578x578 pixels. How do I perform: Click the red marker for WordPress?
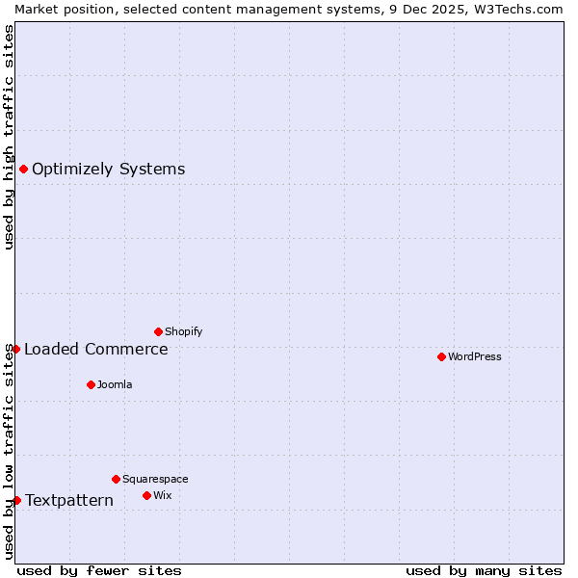[x=441, y=356]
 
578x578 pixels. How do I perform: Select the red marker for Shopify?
[x=158, y=331]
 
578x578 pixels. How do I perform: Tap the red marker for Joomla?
[x=91, y=384]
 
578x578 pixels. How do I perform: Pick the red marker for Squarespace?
[x=116, y=479]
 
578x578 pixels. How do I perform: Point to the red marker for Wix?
[x=146, y=495]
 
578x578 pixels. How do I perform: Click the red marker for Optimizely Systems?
[x=23, y=170]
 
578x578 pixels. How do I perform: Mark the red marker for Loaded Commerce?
[x=15, y=349]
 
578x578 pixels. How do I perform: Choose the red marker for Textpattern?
[x=16, y=500]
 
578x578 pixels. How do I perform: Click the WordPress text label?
[x=475, y=356]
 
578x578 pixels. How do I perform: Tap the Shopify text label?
[x=183, y=331]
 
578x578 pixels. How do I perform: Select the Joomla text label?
[x=115, y=384]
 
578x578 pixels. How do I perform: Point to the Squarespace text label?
[x=155, y=479]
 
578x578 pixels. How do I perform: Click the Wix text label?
[x=162, y=495]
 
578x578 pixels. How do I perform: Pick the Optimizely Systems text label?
[x=108, y=170]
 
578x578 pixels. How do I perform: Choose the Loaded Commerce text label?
[x=95, y=349]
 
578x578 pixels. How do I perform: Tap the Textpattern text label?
[x=68, y=500]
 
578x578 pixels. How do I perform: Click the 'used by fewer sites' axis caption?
[x=99, y=570]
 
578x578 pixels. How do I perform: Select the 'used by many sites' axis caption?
[x=484, y=570]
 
